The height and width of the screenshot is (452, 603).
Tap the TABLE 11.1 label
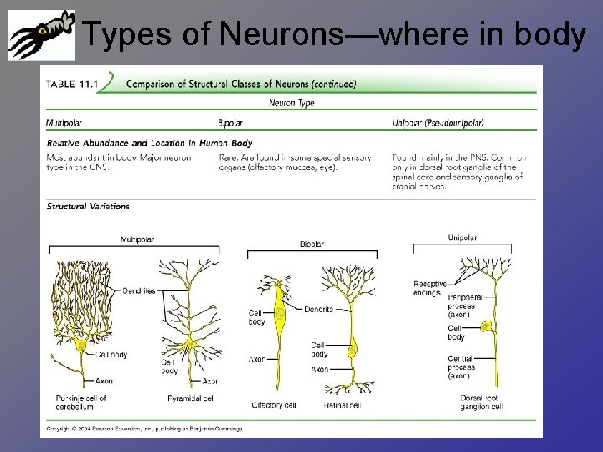click(72, 84)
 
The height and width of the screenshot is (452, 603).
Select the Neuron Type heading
click(291, 103)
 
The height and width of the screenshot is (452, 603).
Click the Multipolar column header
click(64, 123)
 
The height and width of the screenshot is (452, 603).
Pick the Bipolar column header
click(230, 123)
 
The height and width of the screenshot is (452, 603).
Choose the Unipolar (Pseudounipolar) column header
click(438, 123)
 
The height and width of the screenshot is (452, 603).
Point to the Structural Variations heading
click(88, 206)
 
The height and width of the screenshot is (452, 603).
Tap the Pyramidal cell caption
click(192, 398)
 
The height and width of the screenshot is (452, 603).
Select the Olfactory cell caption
click(274, 405)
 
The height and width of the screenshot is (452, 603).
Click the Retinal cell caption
click(343, 405)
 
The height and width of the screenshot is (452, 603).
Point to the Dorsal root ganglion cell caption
click(480, 403)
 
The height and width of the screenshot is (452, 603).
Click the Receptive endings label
click(430, 288)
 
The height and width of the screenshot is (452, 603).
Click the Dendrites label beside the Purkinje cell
click(137, 290)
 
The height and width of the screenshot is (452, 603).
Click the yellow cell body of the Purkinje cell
click(81, 345)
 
